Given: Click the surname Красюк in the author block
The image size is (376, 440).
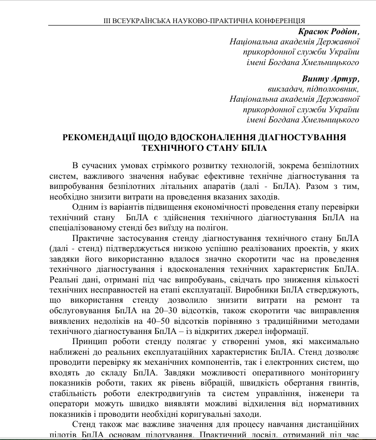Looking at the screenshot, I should [x=315, y=32].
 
